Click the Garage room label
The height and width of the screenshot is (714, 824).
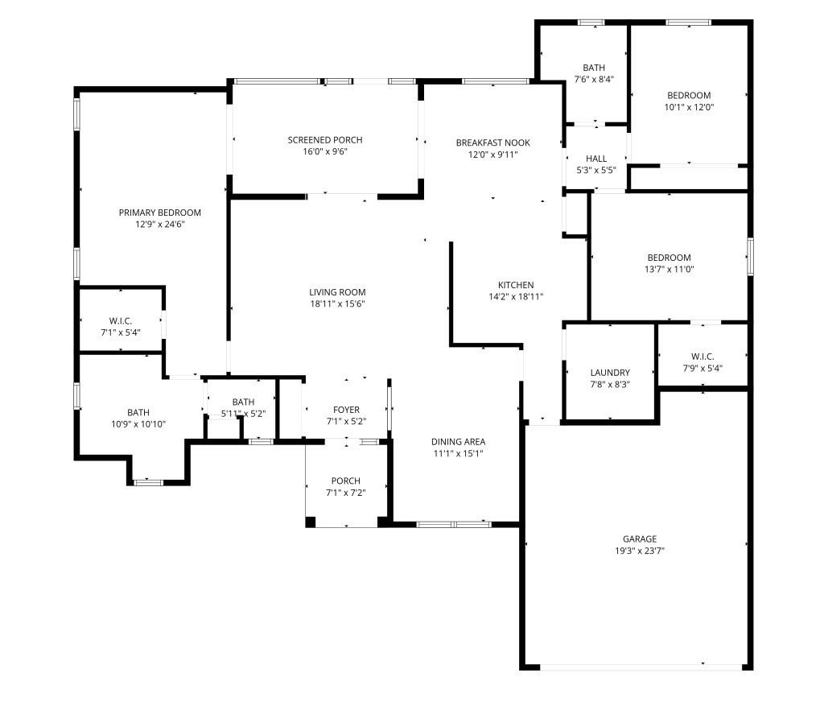coord(639,539)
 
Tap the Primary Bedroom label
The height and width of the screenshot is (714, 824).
coord(160,213)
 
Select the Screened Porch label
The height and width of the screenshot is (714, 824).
coord(325,140)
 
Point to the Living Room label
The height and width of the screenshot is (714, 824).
coord(337,292)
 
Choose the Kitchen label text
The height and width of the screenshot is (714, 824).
coord(516,285)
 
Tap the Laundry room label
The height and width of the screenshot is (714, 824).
coord(610,373)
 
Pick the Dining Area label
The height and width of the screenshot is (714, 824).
coord(458,441)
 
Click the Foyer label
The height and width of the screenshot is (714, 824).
coord(346,411)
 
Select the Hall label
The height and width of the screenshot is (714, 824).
coord(596,159)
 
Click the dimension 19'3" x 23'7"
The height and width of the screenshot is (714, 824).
coord(639,551)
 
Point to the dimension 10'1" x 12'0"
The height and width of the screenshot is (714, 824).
coord(690,107)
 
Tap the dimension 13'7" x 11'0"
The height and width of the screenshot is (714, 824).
coord(669,270)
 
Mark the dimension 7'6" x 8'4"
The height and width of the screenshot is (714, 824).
coord(595,80)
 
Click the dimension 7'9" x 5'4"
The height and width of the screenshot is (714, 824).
coord(702,369)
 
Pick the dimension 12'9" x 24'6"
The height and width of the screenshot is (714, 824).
coord(160,225)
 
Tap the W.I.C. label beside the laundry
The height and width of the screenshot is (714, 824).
coord(702,357)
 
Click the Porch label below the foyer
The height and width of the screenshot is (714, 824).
coord(346,481)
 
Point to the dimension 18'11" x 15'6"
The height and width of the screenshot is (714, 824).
coord(337,304)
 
